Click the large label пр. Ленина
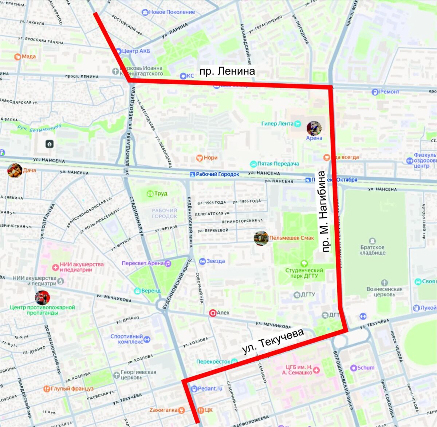pyautogui.click(x=227, y=71)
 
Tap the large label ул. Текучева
pyautogui.click(x=273, y=341)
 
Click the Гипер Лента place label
pyautogui.click(x=277, y=124)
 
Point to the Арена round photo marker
pyautogui.click(x=314, y=128)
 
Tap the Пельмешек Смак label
pyautogui.click(x=291, y=238)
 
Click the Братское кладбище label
pyautogui.click(x=372, y=250)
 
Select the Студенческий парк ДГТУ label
pyautogui.click(x=304, y=273)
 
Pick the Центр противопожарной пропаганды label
pyautogui.click(x=42, y=310)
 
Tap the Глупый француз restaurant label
pyautogui.click(x=72, y=389)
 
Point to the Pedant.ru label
pyautogui.click(x=210, y=388)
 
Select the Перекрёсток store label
pyautogui.click(x=213, y=362)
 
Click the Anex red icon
pyautogui.click(x=213, y=313)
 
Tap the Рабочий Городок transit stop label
pyautogui.click(x=217, y=174)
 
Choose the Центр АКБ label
pyautogui.click(x=136, y=51)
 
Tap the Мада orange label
pyautogui.click(x=28, y=56)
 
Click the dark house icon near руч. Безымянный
pyautogui.click(x=50, y=144)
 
